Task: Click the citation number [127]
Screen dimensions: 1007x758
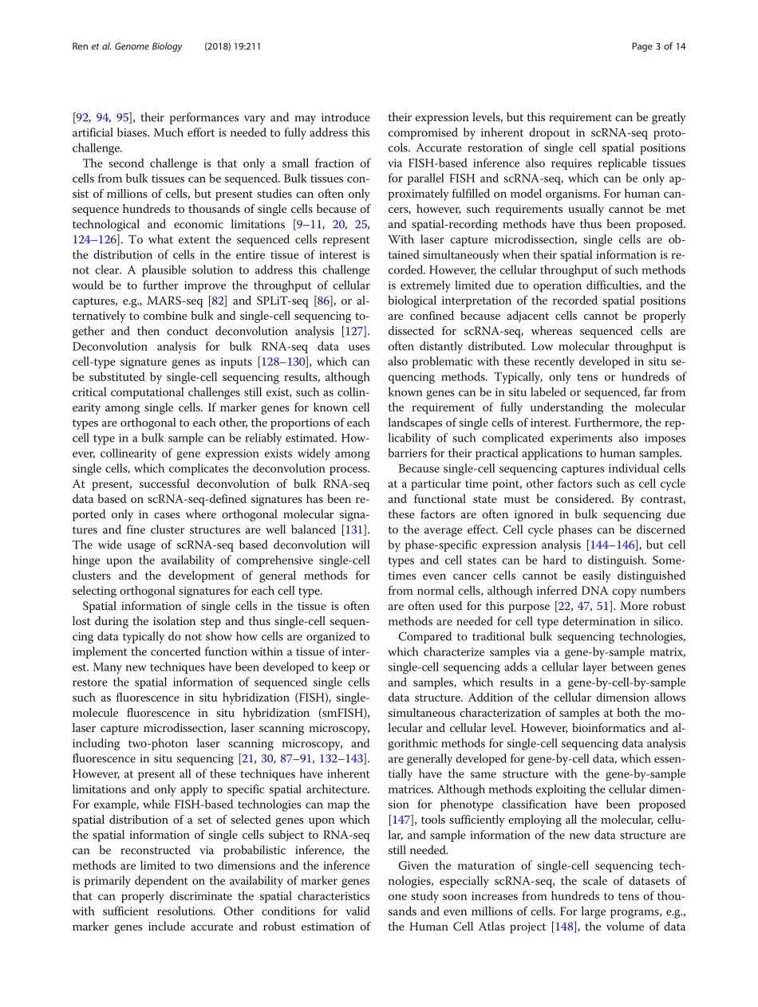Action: tap(356, 331)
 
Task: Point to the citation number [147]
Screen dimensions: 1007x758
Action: tap(401, 820)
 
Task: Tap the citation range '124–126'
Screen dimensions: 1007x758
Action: tap(90, 240)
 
